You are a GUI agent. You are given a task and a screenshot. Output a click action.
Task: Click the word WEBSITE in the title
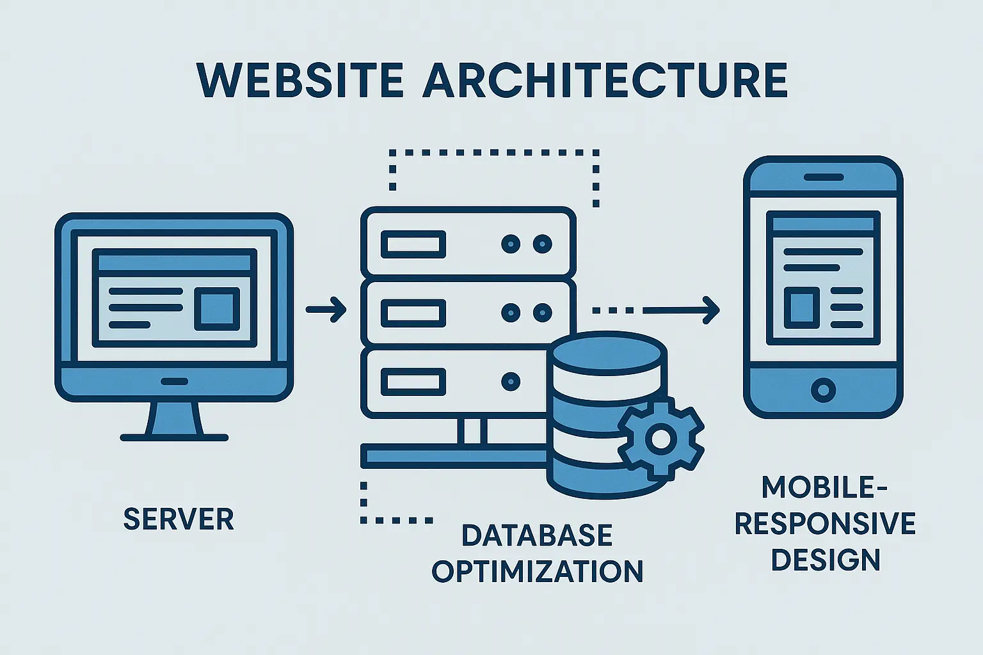click(x=300, y=81)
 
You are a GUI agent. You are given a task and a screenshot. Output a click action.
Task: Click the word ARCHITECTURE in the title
click(x=605, y=81)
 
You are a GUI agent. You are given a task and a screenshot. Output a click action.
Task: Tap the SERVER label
click(x=179, y=519)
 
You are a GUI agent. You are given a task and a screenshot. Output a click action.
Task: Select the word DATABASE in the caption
click(x=537, y=535)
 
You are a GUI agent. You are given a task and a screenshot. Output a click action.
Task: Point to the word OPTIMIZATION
click(x=538, y=571)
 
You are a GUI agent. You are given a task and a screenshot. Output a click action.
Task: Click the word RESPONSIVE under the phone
click(x=825, y=523)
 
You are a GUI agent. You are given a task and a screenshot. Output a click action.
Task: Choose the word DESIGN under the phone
click(x=825, y=560)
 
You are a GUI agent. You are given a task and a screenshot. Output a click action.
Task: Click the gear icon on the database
click(x=660, y=438)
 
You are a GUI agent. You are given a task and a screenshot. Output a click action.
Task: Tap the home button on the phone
click(x=823, y=389)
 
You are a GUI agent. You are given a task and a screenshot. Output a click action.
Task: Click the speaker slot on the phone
click(x=823, y=176)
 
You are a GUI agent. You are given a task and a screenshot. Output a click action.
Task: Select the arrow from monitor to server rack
click(x=326, y=310)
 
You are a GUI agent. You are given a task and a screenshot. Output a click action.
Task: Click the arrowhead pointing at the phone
click(x=710, y=310)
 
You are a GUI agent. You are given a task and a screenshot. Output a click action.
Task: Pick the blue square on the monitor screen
click(x=217, y=308)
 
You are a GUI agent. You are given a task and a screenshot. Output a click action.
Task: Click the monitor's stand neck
click(x=174, y=419)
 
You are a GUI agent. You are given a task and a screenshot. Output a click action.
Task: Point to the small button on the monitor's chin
click(x=174, y=381)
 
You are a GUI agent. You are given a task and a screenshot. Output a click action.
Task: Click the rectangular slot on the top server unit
click(x=413, y=244)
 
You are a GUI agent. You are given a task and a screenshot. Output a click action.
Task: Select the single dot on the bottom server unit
click(x=511, y=381)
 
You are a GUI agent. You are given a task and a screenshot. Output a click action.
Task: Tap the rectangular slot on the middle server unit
click(x=413, y=313)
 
